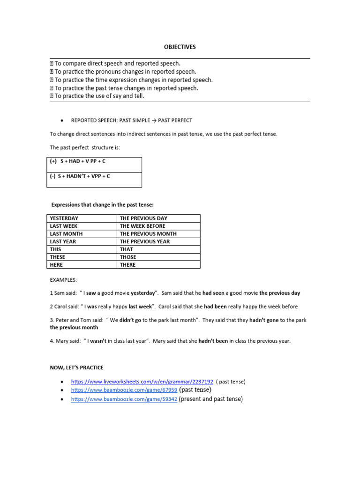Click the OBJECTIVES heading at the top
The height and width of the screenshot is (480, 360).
click(180, 47)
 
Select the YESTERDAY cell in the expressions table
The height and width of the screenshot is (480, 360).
click(64, 218)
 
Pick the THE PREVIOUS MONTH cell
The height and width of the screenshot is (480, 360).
click(148, 234)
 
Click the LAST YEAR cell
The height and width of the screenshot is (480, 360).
click(63, 241)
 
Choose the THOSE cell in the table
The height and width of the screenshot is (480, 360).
click(128, 257)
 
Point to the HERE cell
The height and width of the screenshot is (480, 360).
click(57, 265)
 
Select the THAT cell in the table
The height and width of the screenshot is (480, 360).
click(127, 249)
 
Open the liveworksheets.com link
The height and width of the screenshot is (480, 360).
click(142, 382)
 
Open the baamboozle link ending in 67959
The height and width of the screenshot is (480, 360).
click(124, 390)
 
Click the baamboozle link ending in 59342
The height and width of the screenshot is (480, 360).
click(124, 399)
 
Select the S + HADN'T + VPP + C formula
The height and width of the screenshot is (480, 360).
click(80, 176)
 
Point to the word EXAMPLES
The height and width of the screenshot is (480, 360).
click(63, 280)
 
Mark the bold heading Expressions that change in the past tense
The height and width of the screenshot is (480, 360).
click(102, 205)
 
